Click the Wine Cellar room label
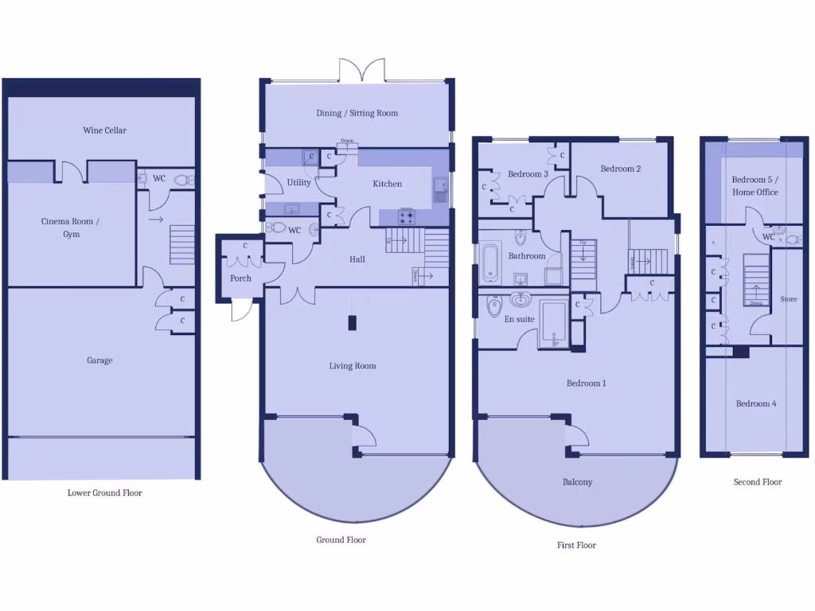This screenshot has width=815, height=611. click(x=104, y=130)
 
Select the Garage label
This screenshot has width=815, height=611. click(x=99, y=360)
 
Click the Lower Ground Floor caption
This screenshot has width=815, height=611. click(x=104, y=493)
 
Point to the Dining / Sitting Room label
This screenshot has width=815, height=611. click(x=357, y=113)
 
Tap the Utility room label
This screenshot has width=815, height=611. click(x=299, y=183)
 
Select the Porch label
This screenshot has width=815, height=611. click(x=240, y=278)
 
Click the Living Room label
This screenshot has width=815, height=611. click(x=353, y=366)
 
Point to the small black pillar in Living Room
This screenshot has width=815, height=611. click(x=352, y=322)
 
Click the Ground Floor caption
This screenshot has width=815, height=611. click(x=341, y=540)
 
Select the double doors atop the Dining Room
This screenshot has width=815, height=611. click(x=363, y=70)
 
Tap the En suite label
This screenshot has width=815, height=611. click(x=519, y=320)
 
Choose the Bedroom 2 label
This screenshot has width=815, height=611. click(x=621, y=169)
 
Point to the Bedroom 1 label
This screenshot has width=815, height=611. click(x=586, y=383)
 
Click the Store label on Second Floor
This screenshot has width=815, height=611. click(x=788, y=300)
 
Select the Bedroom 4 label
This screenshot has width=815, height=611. click(x=755, y=403)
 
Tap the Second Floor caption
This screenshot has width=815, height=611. click(x=758, y=482)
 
